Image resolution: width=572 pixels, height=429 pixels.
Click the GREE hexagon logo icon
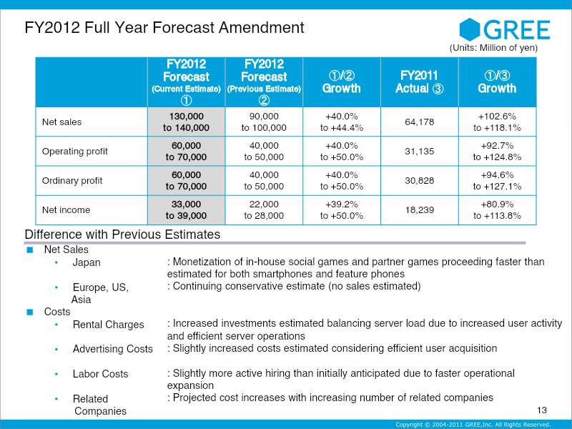click(x=470, y=29)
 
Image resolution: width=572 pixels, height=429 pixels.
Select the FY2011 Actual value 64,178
click(x=420, y=122)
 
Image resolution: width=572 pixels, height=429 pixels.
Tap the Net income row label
click(x=66, y=209)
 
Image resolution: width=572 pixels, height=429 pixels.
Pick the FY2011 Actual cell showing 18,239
click(x=420, y=209)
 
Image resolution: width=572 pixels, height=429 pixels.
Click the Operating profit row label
click(x=75, y=152)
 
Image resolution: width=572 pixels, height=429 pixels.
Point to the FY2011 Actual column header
click(x=420, y=82)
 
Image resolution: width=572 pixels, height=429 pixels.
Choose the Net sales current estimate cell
click(x=186, y=122)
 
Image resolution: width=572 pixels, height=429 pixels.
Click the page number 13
click(x=542, y=410)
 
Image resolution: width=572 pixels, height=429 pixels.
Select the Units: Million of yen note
click(x=493, y=48)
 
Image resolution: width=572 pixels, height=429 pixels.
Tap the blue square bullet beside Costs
click(x=30, y=312)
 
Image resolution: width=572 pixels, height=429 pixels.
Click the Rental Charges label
click(x=109, y=325)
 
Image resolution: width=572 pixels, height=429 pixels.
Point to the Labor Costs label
click(x=100, y=373)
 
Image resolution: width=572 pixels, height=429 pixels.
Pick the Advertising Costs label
click(x=113, y=349)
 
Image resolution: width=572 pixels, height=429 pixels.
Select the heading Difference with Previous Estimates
click(x=122, y=235)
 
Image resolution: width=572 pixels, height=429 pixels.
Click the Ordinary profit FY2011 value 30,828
click(x=420, y=181)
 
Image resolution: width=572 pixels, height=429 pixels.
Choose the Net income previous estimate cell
click(x=264, y=209)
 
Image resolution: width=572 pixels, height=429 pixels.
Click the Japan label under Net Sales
click(x=87, y=262)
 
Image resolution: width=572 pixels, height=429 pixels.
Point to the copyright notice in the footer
click(x=473, y=424)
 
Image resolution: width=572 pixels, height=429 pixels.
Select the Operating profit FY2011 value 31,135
click(x=420, y=152)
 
